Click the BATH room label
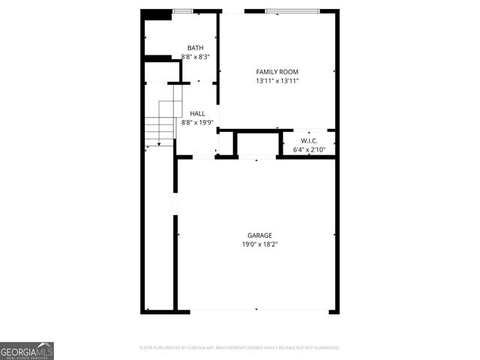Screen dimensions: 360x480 pos(195,48)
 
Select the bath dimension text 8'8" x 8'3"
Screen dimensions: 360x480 pos(195,57)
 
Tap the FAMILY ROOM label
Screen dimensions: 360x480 pos(277,72)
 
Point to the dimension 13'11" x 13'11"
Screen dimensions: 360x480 pos(277,81)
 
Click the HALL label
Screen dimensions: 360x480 pos(197,114)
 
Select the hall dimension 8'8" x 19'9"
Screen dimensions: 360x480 pos(197,123)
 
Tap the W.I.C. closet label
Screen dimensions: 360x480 pos(309,141)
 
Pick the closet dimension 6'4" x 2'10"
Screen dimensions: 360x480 pos(309,150)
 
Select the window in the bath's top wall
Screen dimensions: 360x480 pos(181,11)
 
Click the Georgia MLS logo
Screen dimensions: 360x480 pos(27,350)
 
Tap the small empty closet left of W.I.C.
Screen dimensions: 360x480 pos(257,144)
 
